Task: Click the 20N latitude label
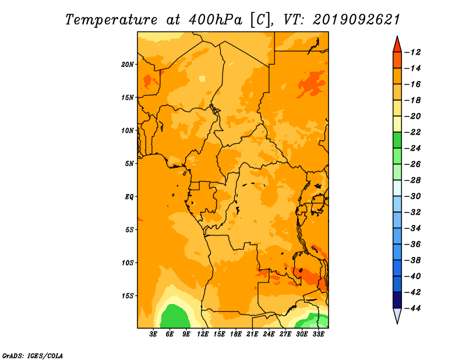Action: click(x=127, y=65)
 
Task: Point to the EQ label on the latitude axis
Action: click(x=129, y=197)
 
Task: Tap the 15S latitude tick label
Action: click(x=127, y=296)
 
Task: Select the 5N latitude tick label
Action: click(x=129, y=164)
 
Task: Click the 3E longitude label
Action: click(x=153, y=334)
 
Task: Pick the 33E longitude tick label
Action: click(x=318, y=334)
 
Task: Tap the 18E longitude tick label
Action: click(x=236, y=334)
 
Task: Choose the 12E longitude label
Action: click(x=203, y=334)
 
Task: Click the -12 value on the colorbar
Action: click(x=412, y=52)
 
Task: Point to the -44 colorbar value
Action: click(x=412, y=308)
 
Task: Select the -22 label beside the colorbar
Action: click(x=412, y=132)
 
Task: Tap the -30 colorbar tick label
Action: click(x=412, y=196)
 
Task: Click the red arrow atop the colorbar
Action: click(x=397, y=45)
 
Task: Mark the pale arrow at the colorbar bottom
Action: click(x=397, y=315)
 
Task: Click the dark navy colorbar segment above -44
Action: click(x=397, y=300)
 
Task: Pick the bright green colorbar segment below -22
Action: click(x=397, y=140)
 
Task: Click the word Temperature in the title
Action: click(x=111, y=20)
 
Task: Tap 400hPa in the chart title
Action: click(x=216, y=20)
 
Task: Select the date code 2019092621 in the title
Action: click(x=356, y=20)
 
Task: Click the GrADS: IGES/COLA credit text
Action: click(x=33, y=356)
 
